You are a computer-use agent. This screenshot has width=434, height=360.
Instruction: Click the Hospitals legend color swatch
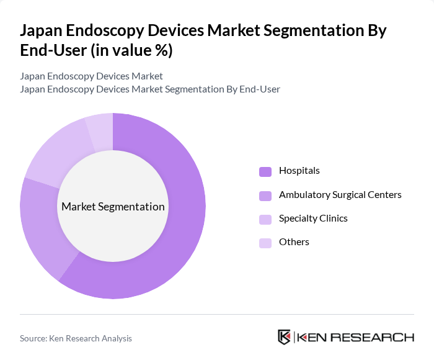click(x=265, y=171)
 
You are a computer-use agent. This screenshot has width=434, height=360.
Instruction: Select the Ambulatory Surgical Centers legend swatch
click(x=265, y=196)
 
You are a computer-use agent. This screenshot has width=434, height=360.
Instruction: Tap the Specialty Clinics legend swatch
click(x=265, y=219)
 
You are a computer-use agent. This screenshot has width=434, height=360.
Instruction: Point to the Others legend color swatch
click(x=265, y=243)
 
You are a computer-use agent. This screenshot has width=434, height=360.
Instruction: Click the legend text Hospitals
click(x=299, y=171)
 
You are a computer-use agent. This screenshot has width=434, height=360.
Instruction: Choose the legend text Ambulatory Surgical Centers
click(x=340, y=195)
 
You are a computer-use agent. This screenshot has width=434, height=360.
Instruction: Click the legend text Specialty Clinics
click(x=313, y=218)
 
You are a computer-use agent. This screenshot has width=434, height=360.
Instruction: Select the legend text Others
click(x=294, y=242)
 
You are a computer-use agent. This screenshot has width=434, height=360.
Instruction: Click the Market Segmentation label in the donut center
click(x=113, y=207)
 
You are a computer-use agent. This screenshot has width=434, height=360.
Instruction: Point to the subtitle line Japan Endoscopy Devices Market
click(x=91, y=76)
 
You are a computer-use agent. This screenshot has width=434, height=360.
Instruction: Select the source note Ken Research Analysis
click(x=76, y=338)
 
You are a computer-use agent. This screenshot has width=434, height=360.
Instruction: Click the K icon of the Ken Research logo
click(x=284, y=337)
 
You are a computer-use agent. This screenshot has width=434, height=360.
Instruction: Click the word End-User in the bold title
click(x=53, y=51)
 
